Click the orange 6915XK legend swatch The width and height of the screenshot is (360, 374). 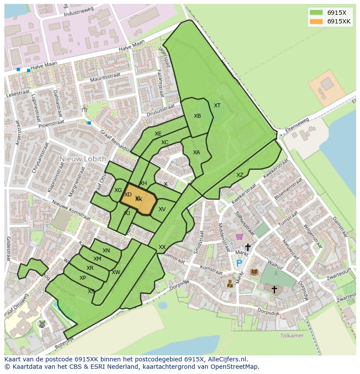click(x=317, y=22)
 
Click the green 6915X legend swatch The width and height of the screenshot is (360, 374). click(x=317, y=13)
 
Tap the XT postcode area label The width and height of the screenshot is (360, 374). click(x=217, y=106)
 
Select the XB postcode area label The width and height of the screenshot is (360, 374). click(x=197, y=116)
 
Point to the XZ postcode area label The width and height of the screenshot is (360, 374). click(x=240, y=175)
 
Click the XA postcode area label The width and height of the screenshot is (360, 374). click(x=197, y=152)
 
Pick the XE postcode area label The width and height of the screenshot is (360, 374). click(x=158, y=134)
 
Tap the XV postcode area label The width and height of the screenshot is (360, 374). click(x=162, y=209)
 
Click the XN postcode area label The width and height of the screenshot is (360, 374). click(x=106, y=251)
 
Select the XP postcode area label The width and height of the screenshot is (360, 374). click(x=83, y=278)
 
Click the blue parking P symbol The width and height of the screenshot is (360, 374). click(x=239, y=263)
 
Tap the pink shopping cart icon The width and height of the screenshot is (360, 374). click(x=239, y=237)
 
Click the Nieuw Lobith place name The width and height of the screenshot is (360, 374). click(x=83, y=159)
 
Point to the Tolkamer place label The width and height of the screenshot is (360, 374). click(x=292, y=336)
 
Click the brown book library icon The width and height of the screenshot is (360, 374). click(x=254, y=272)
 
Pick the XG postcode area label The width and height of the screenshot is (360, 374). click(x=118, y=190)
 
